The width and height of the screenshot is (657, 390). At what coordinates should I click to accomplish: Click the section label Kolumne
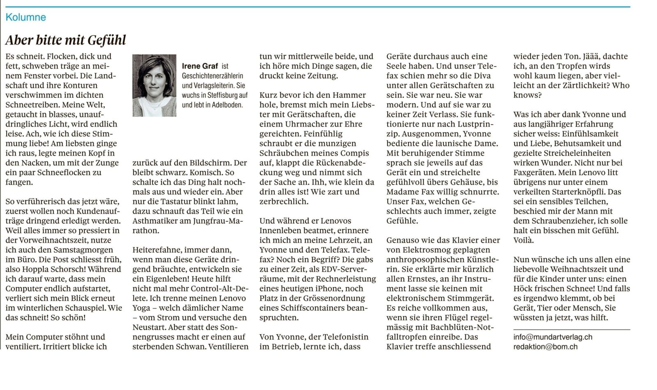tap(25, 17)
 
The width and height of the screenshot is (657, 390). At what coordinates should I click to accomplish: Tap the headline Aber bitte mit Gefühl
tap(66, 40)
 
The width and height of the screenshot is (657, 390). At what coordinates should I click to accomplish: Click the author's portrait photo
tap(154, 85)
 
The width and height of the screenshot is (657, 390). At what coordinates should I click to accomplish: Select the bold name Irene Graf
tap(200, 66)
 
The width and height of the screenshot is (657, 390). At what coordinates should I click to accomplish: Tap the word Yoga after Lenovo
tap(141, 308)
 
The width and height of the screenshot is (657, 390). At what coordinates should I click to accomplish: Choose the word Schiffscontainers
tap(308, 308)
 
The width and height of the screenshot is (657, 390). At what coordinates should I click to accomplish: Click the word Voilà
tap(524, 240)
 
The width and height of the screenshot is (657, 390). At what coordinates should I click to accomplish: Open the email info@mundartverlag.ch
tap(553, 337)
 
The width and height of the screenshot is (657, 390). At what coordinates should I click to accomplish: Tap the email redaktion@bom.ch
tap(545, 346)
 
